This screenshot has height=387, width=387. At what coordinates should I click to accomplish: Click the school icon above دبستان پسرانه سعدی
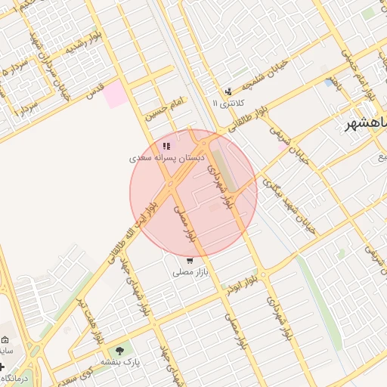(166, 146)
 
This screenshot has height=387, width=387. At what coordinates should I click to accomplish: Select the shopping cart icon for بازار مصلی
(190, 260)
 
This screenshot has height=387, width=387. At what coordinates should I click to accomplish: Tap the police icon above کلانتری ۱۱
(226, 91)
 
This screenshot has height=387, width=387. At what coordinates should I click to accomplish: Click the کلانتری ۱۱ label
(226, 103)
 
